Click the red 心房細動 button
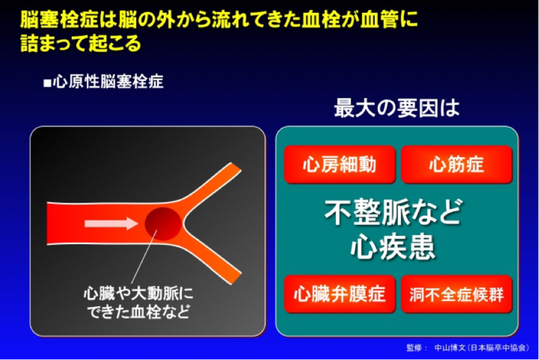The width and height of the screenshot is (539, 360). pyautogui.click(x=340, y=164)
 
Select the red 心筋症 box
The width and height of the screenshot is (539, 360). pyautogui.click(x=457, y=164)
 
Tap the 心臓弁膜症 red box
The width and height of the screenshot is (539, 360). pyautogui.click(x=340, y=294)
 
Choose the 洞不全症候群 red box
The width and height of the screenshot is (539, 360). pyautogui.click(x=457, y=294)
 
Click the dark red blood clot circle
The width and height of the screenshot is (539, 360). pyautogui.click(x=163, y=224)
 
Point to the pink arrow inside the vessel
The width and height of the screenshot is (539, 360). pyautogui.click(x=111, y=224)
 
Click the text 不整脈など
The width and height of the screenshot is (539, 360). pyautogui.click(x=393, y=212)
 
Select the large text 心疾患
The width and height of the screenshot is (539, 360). pyautogui.click(x=393, y=247)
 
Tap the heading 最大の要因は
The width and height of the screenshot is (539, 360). pyautogui.click(x=397, y=108)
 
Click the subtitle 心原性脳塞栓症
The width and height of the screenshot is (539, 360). pyautogui.click(x=108, y=82)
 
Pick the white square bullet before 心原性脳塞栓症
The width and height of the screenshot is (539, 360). pyautogui.click(x=47, y=83)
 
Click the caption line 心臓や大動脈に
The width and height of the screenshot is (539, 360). pyautogui.click(x=138, y=294)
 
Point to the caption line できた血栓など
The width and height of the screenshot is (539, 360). pyautogui.click(x=138, y=312)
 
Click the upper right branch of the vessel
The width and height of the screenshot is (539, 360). pyautogui.click(x=215, y=185)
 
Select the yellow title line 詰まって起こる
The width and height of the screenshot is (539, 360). pyautogui.click(x=81, y=43)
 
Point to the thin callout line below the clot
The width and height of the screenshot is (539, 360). pyautogui.click(x=144, y=257)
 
